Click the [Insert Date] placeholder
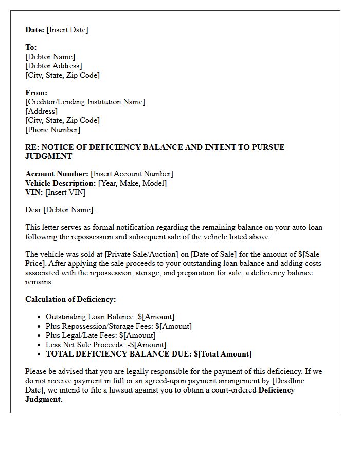click(x=67, y=30)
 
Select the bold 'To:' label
click(x=31, y=47)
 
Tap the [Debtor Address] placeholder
click(x=53, y=66)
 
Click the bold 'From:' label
click(x=36, y=93)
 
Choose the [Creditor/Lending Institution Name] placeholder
click(x=85, y=102)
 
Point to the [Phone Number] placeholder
click(x=53, y=130)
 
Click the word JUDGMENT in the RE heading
click(x=49, y=156)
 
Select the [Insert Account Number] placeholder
click(x=132, y=174)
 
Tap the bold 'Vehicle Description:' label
click(x=61, y=183)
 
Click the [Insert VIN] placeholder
click(x=66, y=192)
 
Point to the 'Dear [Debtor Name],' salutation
click(x=60, y=210)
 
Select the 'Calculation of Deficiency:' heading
click(x=70, y=299)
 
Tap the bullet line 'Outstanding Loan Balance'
click(x=110, y=317)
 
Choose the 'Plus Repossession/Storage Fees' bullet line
click(x=119, y=326)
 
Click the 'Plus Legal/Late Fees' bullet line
click(x=101, y=335)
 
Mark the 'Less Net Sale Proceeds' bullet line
click(x=106, y=345)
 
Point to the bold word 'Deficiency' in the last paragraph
click(x=277, y=390)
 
